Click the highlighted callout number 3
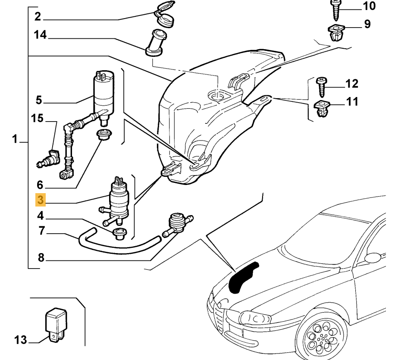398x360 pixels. pyautogui.click(x=41, y=200)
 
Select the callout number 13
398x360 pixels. pyautogui.click(x=19, y=340)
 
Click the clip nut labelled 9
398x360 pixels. pyautogui.click(x=335, y=33)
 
